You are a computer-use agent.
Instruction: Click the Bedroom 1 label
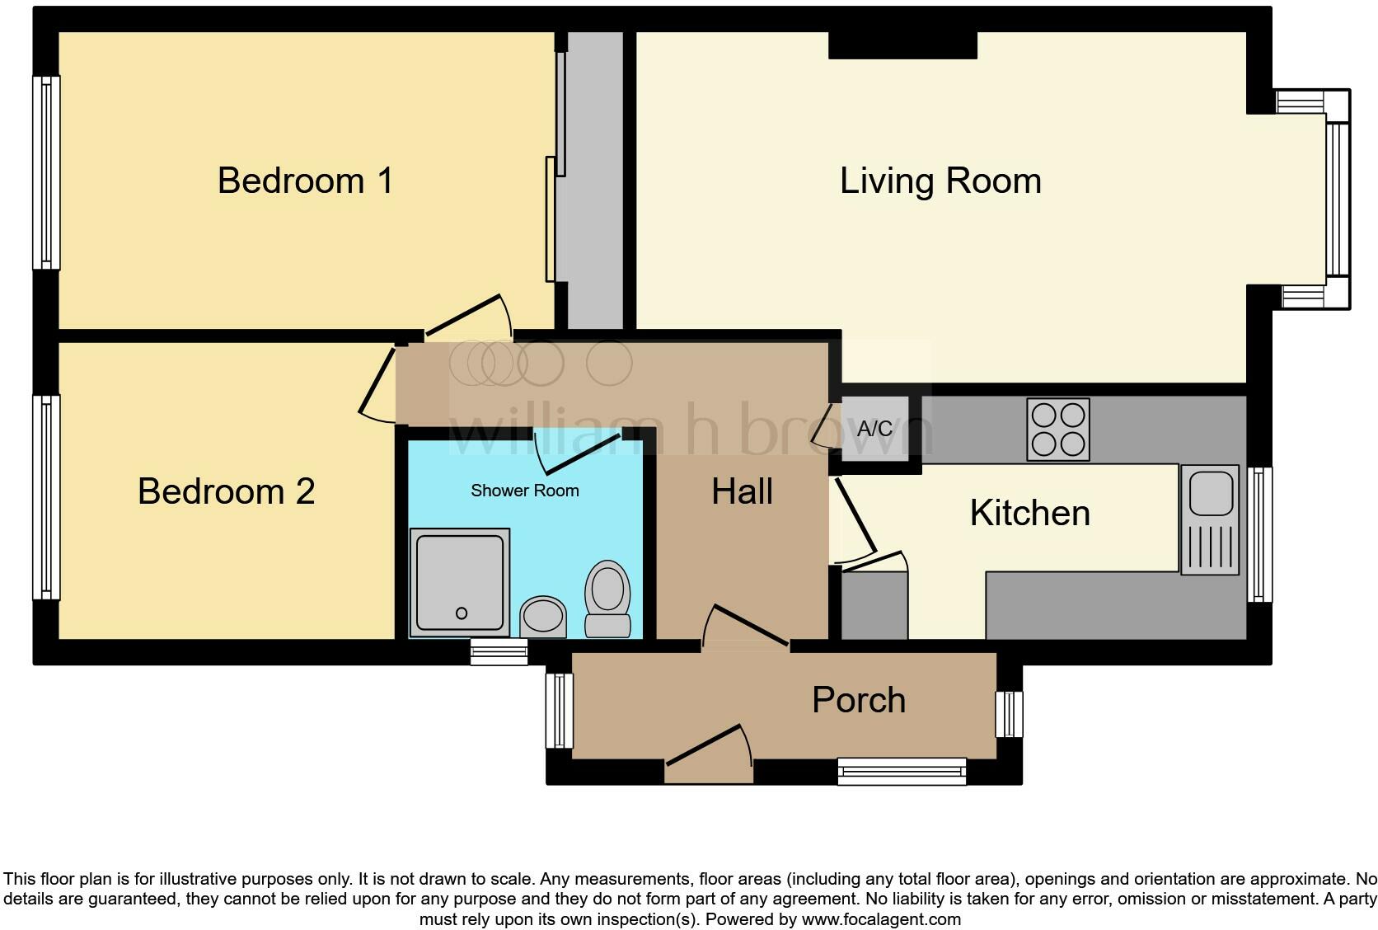[305, 181]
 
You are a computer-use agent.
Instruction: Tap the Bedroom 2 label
[226, 491]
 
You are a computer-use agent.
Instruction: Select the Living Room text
[940, 181]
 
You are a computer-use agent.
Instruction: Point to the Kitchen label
[1029, 513]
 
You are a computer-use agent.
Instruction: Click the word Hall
[742, 492]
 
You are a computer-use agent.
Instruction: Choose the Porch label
[859, 700]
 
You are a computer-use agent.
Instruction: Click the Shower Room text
[524, 491]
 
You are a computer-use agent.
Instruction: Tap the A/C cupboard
[875, 429]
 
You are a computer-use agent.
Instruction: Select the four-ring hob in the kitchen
[1058, 430]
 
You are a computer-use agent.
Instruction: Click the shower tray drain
[462, 613]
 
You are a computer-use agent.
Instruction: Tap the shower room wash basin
[543, 616]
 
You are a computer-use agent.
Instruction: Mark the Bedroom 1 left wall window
[46, 172]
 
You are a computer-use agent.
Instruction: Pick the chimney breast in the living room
[902, 45]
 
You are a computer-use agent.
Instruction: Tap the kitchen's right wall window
[1258, 534]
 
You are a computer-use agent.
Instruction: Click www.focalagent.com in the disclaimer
[881, 918]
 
